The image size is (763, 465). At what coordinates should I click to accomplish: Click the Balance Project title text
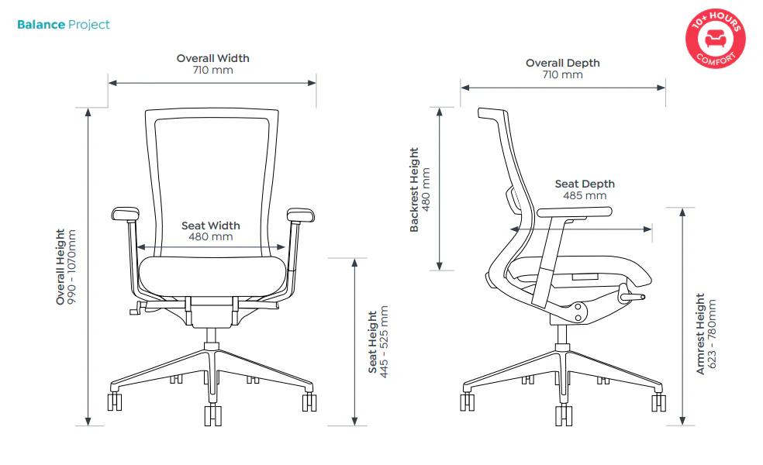tap(64, 25)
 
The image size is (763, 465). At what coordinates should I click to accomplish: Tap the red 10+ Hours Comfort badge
tap(715, 39)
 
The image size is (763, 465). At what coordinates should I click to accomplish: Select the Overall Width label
tap(212, 58)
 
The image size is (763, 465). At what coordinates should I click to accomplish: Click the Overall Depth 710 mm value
tap(562, 75)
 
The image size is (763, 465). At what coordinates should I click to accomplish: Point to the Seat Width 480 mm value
tap(211, 237)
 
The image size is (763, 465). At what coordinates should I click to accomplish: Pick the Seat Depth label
tap(585, 184)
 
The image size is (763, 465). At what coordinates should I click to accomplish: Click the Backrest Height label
tap(414, 190)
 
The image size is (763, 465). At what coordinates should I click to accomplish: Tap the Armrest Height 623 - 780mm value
tap(712, 334)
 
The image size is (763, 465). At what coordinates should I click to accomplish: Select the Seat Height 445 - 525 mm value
tap(384, 342)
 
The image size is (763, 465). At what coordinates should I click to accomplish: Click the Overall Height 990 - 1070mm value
tap(71, 267)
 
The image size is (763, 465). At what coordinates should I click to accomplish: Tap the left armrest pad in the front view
tap(126, 214)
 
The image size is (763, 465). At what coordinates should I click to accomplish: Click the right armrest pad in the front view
tap(300, 215)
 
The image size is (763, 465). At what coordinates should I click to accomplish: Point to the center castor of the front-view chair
tap(212, 415)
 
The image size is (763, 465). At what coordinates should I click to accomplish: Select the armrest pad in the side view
tap(575, 212)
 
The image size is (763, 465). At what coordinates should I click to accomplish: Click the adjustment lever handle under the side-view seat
tap(632, 295)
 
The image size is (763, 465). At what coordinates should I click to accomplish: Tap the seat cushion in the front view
tap(212, 276)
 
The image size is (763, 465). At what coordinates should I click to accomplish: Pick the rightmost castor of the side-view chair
tap(659, 402)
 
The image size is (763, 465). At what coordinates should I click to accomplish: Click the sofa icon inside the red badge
tap(715, 38)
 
